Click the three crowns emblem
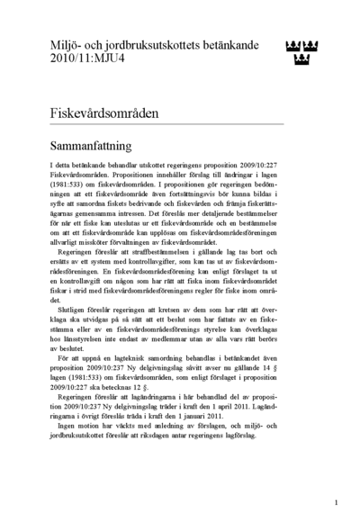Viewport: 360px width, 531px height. point(301,51)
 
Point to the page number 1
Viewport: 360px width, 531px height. point(336,503)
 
